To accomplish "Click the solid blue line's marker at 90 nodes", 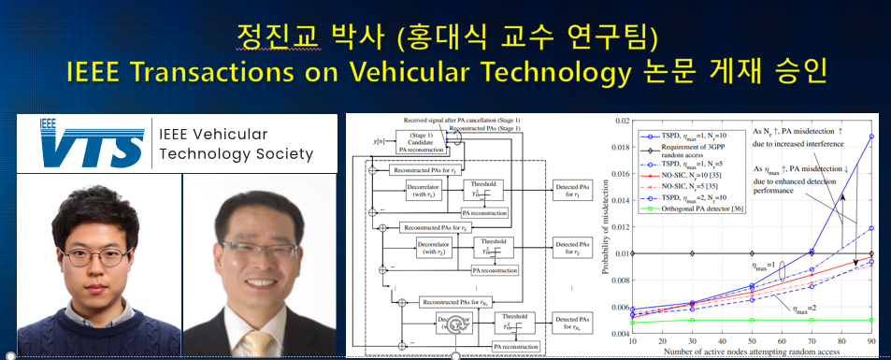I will click(872, 136).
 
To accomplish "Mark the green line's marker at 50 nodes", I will click(753, 320).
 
